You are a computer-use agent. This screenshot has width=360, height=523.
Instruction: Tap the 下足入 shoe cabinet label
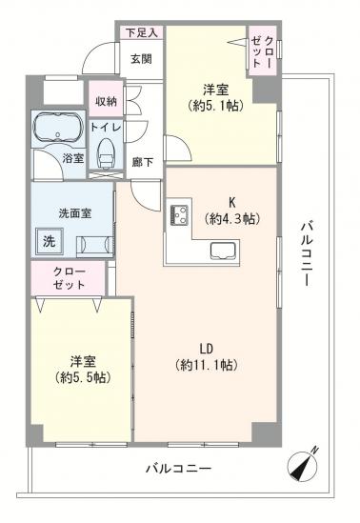[x=141, y=31]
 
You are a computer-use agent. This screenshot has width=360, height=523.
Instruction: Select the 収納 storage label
[x=105, y=100]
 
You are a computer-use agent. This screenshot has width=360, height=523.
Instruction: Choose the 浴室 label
[x=72, y=159]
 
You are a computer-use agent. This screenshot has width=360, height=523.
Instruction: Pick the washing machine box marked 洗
[x=48, y=242]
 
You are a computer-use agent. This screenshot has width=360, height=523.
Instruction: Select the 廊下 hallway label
[x=142, y=161]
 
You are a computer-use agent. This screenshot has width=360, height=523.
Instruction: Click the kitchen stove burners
[x=177, y=214]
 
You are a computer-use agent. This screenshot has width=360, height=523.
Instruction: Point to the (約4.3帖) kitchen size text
[x=229, y=218]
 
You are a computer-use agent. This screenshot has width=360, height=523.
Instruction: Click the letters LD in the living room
[x=206, y=347]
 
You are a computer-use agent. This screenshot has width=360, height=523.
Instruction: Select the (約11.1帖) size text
[x=206, y=365]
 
